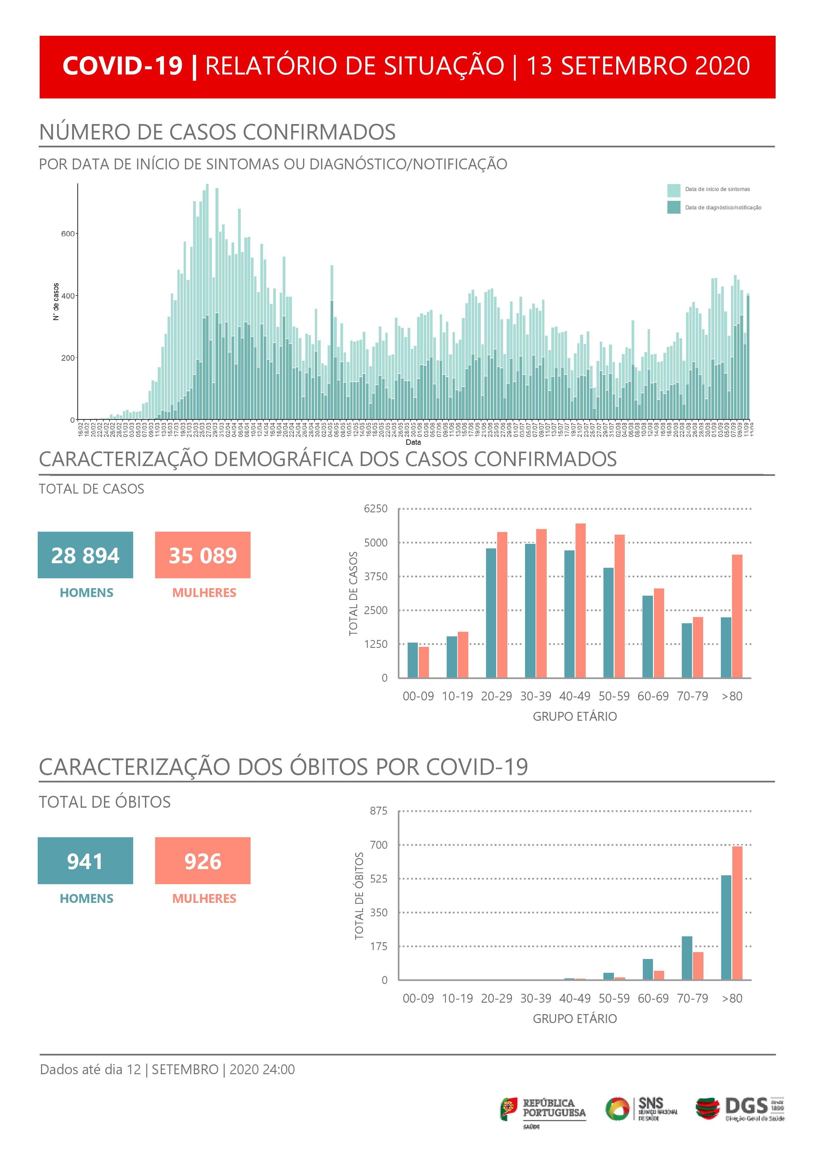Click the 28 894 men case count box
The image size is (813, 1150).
(x=85, y=555)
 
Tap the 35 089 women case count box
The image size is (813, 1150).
(x=203, y=555)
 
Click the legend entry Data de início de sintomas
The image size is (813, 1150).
(x=717, y=189)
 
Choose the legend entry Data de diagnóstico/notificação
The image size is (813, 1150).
(x=722, y=207)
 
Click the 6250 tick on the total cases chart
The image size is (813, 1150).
(x=376, y=509)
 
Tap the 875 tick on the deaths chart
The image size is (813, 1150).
(x=378, y=811)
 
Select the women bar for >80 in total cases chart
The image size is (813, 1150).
(x=737, y=616)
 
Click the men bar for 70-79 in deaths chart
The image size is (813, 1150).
(x=687, y=958)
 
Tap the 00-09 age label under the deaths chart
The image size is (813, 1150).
(x=418, y=998)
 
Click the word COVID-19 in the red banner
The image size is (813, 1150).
(x=123, y=66)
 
